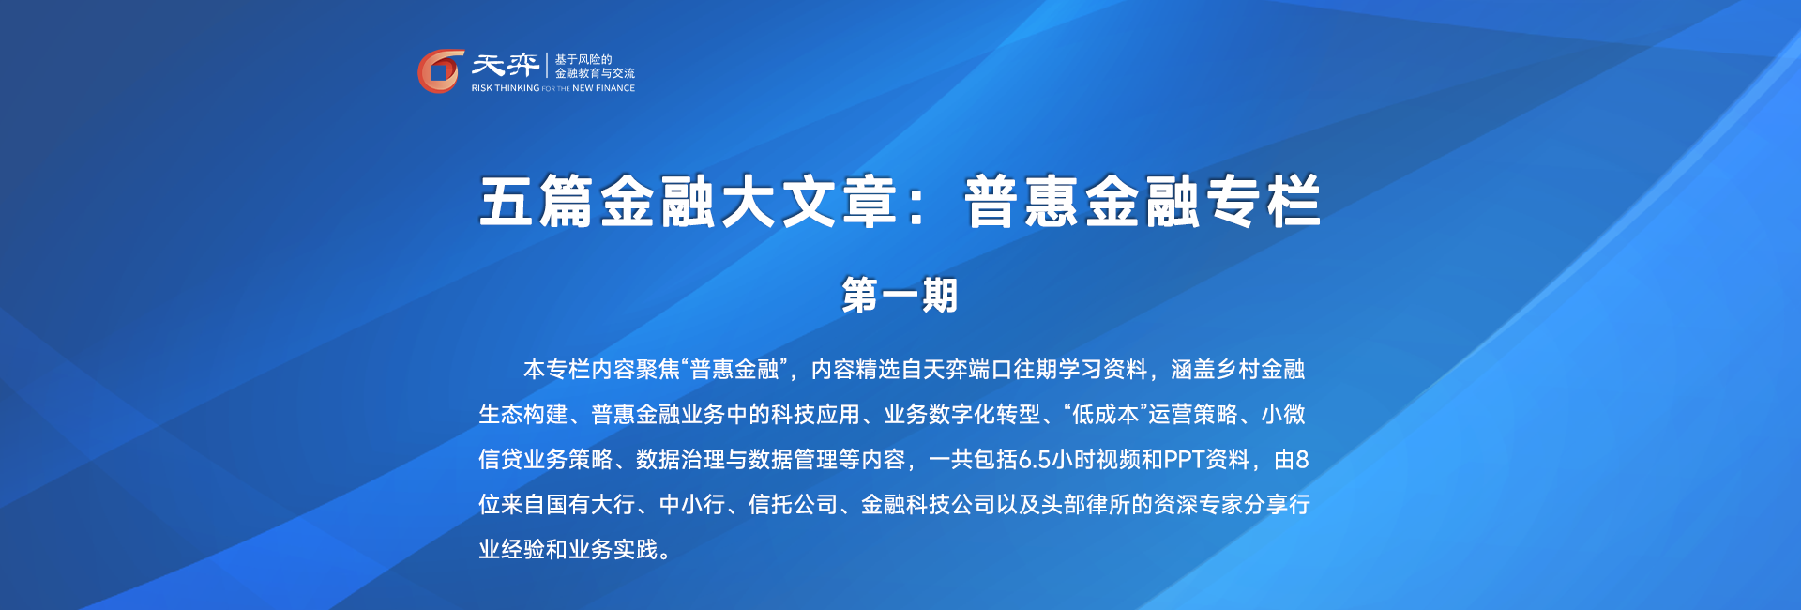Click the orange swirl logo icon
pos(440,71)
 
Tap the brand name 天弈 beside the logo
pos(505,65)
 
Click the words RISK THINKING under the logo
pos(506,88)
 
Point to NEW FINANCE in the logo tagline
pos(603,88)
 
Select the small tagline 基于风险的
pos(583,59)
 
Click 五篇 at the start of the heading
pos(536,202)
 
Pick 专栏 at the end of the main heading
pos(1263,202)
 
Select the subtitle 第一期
pos(900,295)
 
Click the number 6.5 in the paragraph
pos(1035,460)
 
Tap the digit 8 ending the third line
pos(1302,460)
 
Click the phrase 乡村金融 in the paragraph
pos(1260,370)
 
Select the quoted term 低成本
pos(1106,415)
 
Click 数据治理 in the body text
pos(681,460)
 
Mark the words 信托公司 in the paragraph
pos(794,505)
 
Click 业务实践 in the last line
pos(613,550)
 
